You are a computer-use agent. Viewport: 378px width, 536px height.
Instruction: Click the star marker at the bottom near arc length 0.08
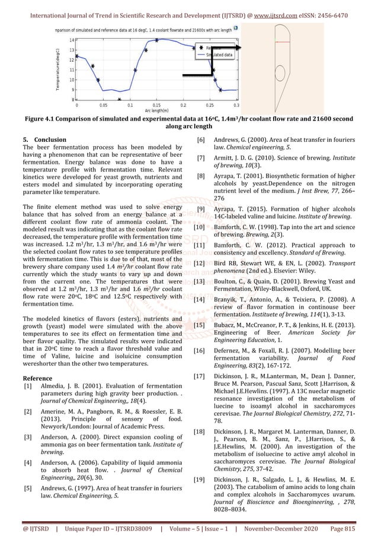pos(120,100)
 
